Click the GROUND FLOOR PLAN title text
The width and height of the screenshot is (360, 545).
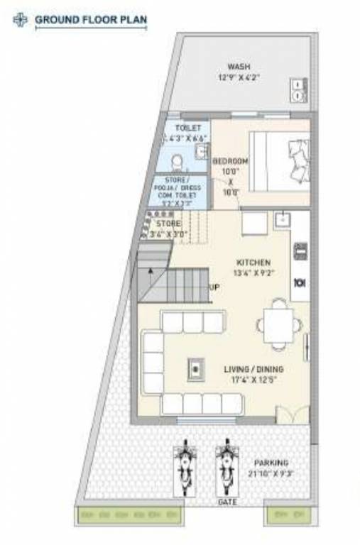click(x=90, y=20)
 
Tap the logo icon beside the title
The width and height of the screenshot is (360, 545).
click(x=21, y=20)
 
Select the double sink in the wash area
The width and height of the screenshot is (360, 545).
click(x=297, y=88)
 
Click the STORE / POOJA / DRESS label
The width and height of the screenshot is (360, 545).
click(x=182, y=187)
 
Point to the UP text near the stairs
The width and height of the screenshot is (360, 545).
click(x=214, y=287)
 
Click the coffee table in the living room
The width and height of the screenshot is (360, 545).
click(x=194, y=368)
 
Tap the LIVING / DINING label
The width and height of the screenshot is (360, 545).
click(x=253, y=374)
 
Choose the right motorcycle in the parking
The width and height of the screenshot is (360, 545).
click(x=227, y=469)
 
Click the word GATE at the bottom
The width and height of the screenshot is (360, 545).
click(x=228, y=501)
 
